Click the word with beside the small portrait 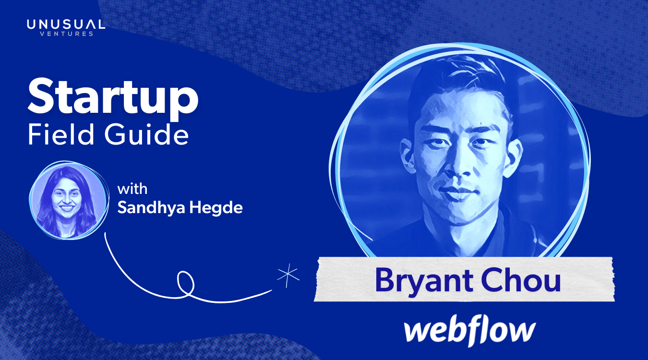[132, 189]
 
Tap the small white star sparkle [288, 277]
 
